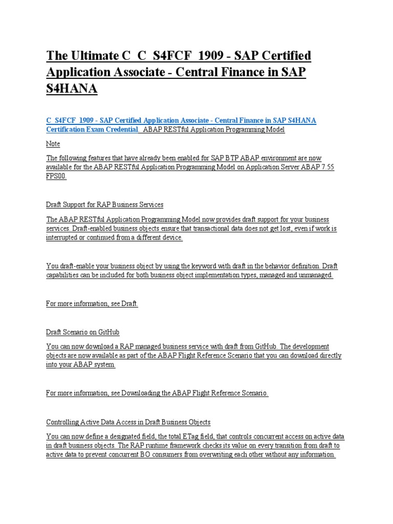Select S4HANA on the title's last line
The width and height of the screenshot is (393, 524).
[72, 89]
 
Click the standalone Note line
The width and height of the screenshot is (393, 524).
[53, 144]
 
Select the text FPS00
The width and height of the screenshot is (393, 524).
[56, 176]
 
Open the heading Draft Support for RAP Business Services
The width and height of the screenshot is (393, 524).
[104, 205]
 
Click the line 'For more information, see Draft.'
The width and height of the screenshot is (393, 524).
[92, 304]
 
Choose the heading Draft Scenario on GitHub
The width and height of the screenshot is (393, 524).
[83, 333]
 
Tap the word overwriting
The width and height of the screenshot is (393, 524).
[226, 454]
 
